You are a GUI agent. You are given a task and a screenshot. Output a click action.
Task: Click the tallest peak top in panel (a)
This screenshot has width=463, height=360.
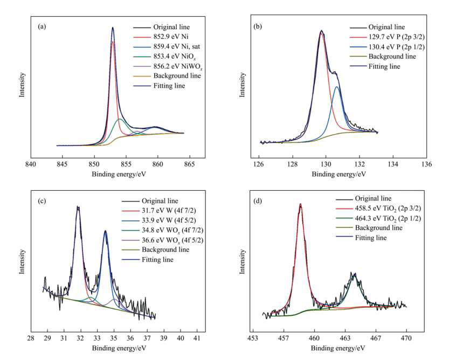[113, 28]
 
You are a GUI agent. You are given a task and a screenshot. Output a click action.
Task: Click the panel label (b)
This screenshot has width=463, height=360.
[257, 25]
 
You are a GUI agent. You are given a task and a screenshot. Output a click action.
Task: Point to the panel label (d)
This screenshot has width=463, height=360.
[258, 202]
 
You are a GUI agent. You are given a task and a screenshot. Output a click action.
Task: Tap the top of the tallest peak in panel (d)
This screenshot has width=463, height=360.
[300, 205]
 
